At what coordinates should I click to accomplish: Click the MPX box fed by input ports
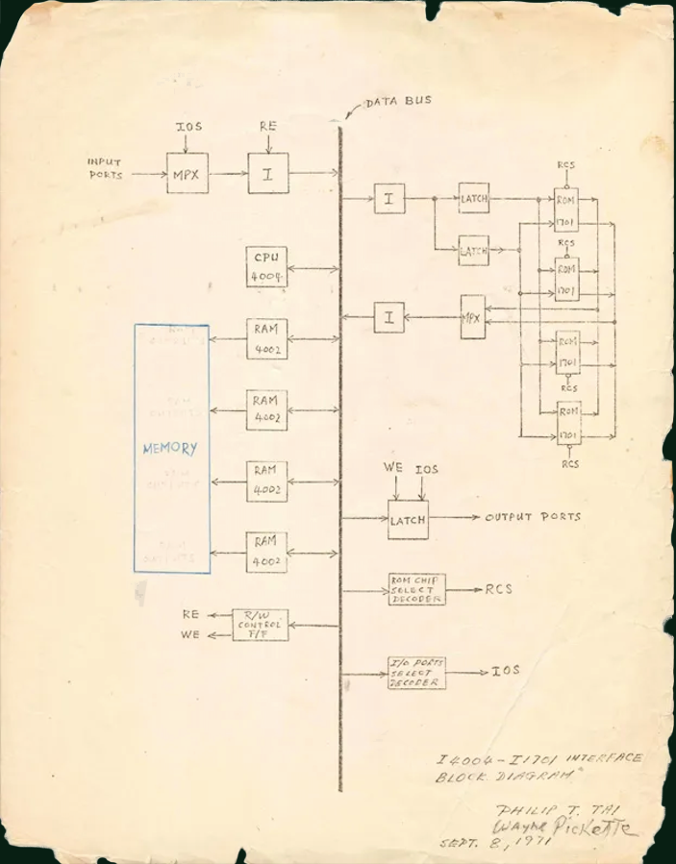click(187, 173)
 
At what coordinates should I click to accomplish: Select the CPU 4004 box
click(266, 267)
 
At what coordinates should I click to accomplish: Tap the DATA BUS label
click(398, 101)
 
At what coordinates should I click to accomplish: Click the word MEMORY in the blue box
click(170, 449)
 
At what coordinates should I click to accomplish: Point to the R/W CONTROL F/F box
click(262, 625)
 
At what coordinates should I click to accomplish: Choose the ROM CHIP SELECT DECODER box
click(416, 589)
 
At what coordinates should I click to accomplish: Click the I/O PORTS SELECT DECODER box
click(416, 672)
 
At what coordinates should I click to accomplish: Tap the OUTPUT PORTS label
click(533, 517)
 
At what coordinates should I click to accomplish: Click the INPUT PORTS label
click(106, 169)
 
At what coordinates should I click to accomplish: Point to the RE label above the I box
click(268, 126)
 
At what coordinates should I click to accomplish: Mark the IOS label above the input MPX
click(188, 126)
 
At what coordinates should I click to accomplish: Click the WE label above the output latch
click(393, 468)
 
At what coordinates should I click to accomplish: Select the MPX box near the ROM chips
click(471, 316)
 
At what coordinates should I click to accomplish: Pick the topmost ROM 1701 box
click(566, 210)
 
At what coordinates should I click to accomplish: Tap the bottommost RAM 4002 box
click(266, 552)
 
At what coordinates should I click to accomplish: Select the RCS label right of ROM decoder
click(498, 588)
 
